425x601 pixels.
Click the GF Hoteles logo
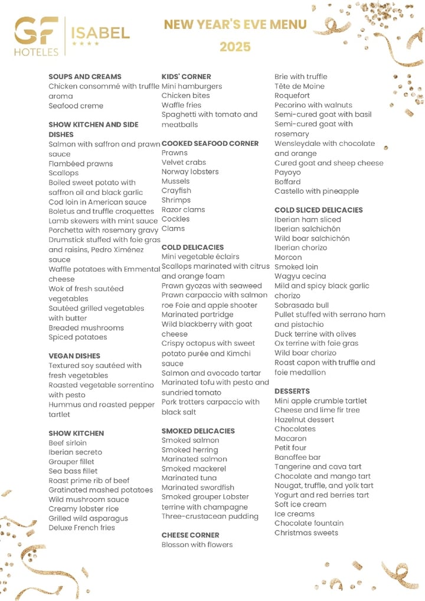[37, 36]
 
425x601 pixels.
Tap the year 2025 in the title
[235, 47]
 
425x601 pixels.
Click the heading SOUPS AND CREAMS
[85, 77]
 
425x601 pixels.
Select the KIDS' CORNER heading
[186, 77]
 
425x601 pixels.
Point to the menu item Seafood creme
[76, 106]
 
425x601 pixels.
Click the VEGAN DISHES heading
[74, 356]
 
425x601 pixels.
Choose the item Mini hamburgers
[192, 86]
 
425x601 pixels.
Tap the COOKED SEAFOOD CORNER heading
[210, 144]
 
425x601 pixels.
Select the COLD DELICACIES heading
[192, 247]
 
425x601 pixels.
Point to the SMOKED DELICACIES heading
[198, 431]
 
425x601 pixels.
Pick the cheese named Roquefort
[292, 96]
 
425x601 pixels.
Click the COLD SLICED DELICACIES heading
[318, 210]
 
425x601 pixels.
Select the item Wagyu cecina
[300, 277]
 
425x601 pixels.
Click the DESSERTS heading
[292, 391]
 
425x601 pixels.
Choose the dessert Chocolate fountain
[309, 523]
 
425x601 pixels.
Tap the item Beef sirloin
[67, 443]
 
